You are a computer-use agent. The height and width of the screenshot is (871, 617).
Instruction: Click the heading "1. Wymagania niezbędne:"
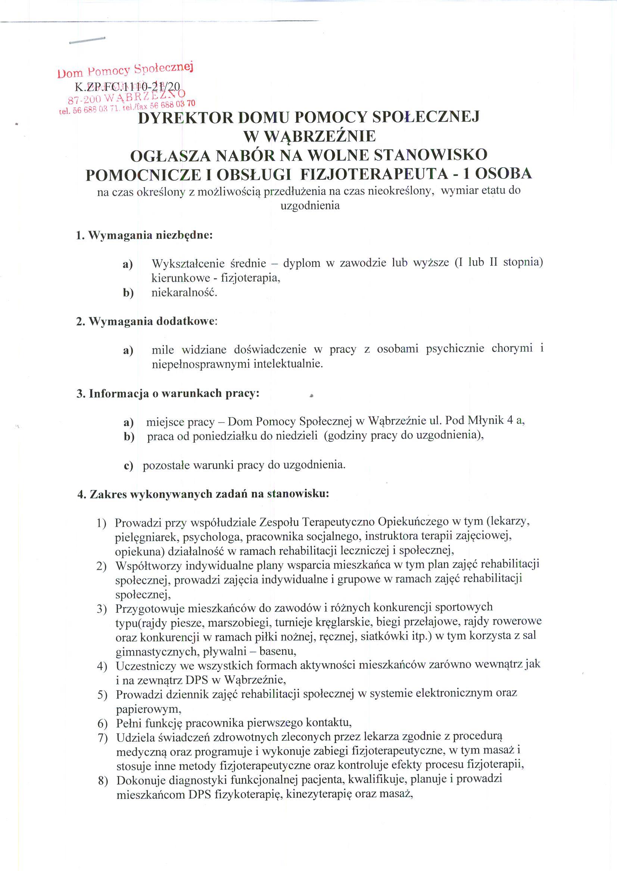click(144, 235)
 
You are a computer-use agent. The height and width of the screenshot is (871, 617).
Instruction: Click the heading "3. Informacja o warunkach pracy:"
click(168, 393)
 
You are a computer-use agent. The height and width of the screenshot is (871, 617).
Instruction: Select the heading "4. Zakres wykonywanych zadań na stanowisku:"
click(203, 494)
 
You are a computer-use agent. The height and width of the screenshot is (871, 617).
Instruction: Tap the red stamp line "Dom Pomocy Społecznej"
click(125, 70)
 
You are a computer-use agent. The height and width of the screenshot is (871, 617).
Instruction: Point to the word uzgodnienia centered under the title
click(310, 206)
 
